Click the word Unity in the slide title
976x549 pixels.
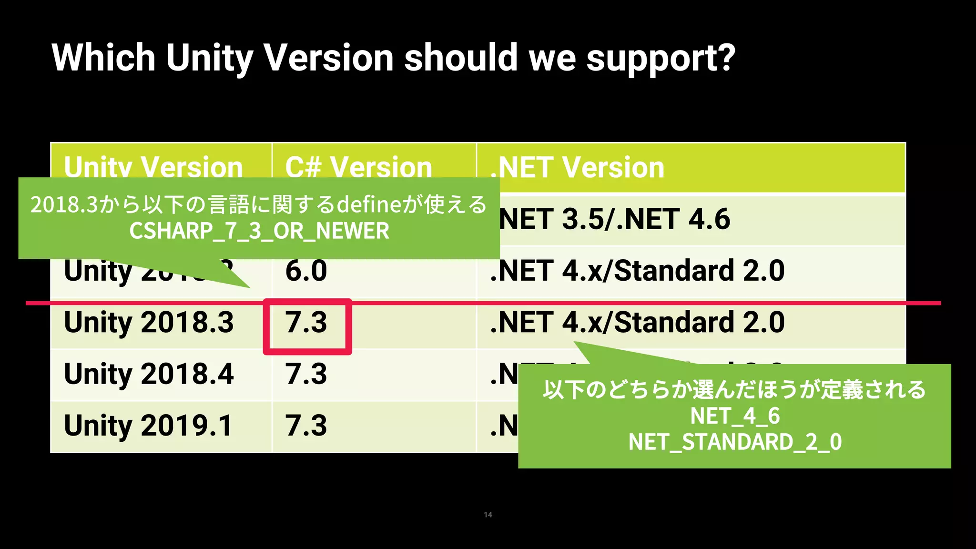tap(210, 58)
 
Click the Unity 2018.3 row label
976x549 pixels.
tap(149, 322)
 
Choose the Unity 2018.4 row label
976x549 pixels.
tap(149, 374)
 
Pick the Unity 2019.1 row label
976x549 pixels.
tap(148, 425)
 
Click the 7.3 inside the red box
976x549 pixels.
tap(306, 322)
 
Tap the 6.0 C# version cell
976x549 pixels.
tap(306, 271)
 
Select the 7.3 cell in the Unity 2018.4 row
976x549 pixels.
tap(306, 374)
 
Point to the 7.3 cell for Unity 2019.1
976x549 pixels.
tap(306, 425)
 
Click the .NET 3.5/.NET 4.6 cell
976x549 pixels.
tap(614, 219)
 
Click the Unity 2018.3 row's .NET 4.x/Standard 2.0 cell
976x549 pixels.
tap(637, 322)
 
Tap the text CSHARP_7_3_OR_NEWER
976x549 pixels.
tap(259, 231)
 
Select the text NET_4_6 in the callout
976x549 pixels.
tap(735, 416)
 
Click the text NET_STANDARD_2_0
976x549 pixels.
tap(735, 442)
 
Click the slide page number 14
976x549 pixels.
tap(488, 515)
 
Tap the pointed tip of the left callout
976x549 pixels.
tap(249, 287)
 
